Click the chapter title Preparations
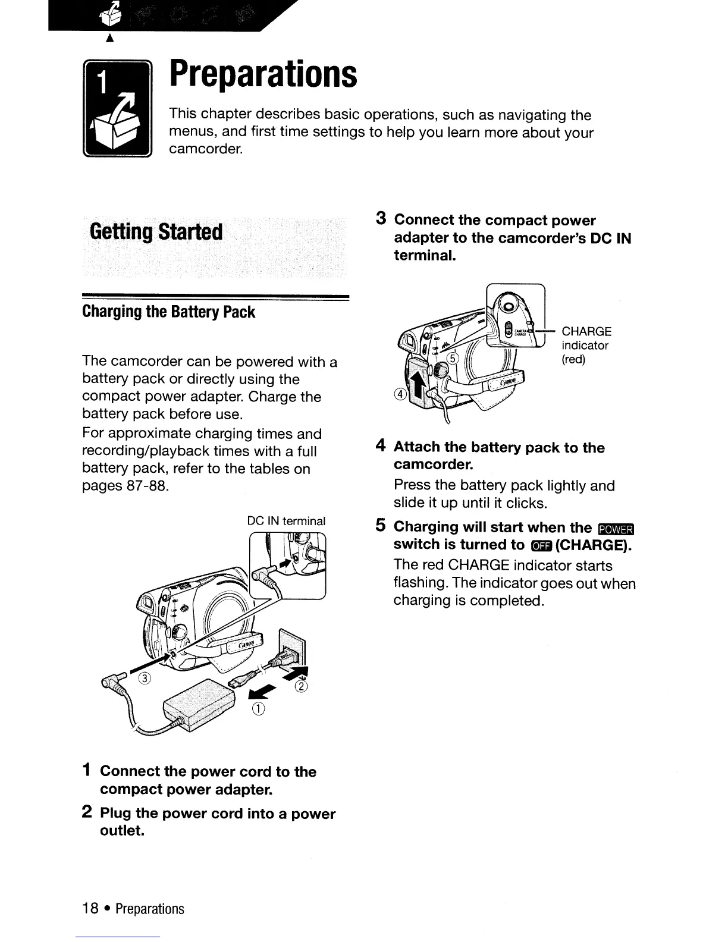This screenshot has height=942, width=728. pos(263,74)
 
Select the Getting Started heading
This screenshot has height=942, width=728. pos(156,231)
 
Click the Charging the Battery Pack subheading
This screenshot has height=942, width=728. pos(168,312)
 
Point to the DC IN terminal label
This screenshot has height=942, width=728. pos(286,522)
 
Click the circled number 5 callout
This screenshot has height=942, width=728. pos(453,358)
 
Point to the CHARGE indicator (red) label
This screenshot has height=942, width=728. pos(586,346)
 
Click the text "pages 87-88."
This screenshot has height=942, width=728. pos(125,486)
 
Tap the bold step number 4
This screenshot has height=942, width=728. pos(382,446)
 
